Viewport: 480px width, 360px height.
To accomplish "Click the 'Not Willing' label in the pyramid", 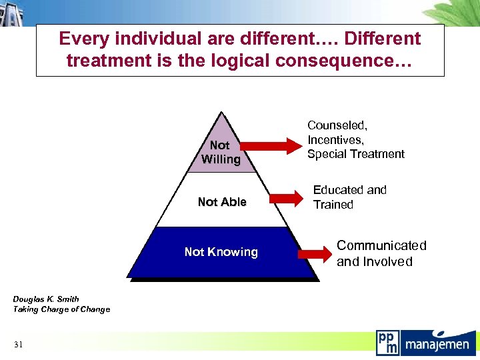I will tap(220, 152).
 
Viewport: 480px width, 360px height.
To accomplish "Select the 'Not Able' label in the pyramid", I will tap(222, 202).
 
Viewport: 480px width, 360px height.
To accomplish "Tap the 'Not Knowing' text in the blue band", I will tap(221, 252).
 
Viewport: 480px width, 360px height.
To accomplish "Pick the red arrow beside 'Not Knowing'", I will tap(315, 254).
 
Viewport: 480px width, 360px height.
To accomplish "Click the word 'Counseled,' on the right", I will tap(337, 125).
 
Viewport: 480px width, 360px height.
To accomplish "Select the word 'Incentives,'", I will tap(336, 139).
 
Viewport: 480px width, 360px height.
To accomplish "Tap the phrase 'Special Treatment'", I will tap(356, 154).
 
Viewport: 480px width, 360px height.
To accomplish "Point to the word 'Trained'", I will tap(333, 205).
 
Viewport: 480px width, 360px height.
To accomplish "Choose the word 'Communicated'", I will tap(381, 245).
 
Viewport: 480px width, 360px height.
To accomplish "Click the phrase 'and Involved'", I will tap(375, 261).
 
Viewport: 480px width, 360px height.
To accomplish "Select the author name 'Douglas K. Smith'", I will tap(46, 299).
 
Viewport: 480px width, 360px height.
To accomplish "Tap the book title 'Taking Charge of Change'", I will tap(61, 309).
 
